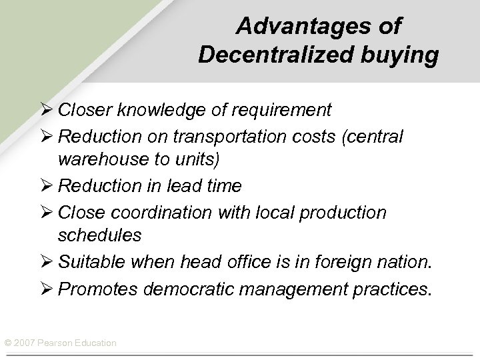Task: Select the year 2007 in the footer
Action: [23, 343]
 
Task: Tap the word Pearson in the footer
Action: [55, 343]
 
